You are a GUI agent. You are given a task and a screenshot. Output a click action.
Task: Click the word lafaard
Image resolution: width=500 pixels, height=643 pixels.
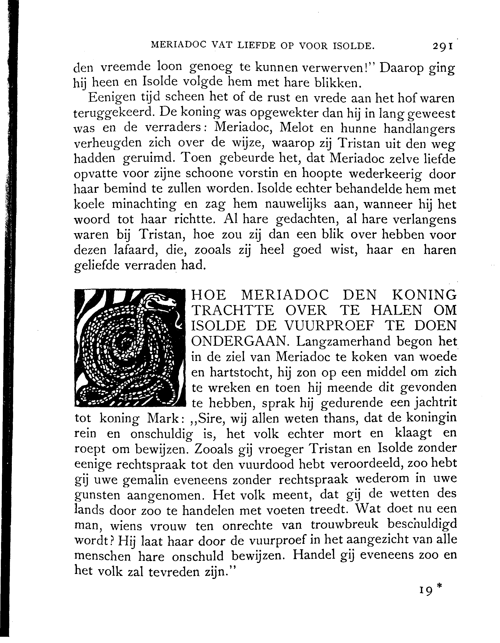click(x=135, y=250)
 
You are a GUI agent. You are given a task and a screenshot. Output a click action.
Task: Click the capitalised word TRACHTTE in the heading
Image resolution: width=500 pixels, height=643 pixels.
click(x=231, y=311)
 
